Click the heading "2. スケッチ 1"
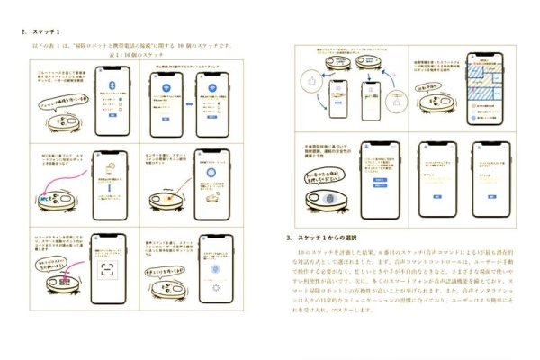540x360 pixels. [x=42, y=31]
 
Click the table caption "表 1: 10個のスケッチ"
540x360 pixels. [x=134, y=55]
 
